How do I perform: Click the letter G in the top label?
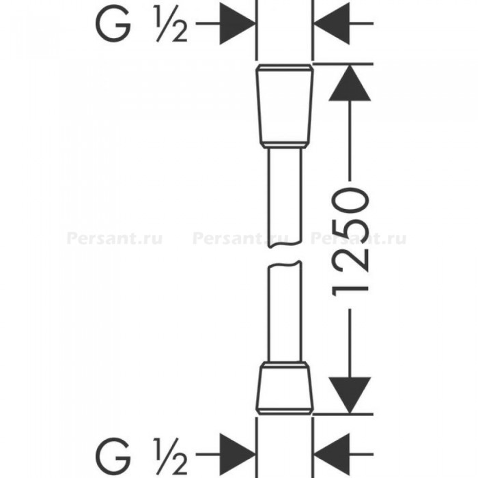click(113, 24)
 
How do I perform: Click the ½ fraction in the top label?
click(171, 23)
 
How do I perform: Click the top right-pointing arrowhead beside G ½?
click(238, 23)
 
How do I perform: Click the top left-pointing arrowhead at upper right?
click(332, 23)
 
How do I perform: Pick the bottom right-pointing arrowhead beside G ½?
click(238, 455)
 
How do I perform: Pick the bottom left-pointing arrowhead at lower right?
click(332, 455)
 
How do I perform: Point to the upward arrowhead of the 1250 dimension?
click(350, 83)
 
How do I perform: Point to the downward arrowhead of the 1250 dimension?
click(350, 395)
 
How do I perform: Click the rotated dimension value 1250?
click(350, 243)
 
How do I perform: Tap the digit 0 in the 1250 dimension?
click(350, 201)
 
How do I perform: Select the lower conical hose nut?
click(285, 389)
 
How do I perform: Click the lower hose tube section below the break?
click(285, 312)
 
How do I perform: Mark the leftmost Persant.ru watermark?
click(114, 239)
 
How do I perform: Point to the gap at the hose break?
click(285, 255)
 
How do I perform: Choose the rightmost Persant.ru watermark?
click(358, 239)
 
